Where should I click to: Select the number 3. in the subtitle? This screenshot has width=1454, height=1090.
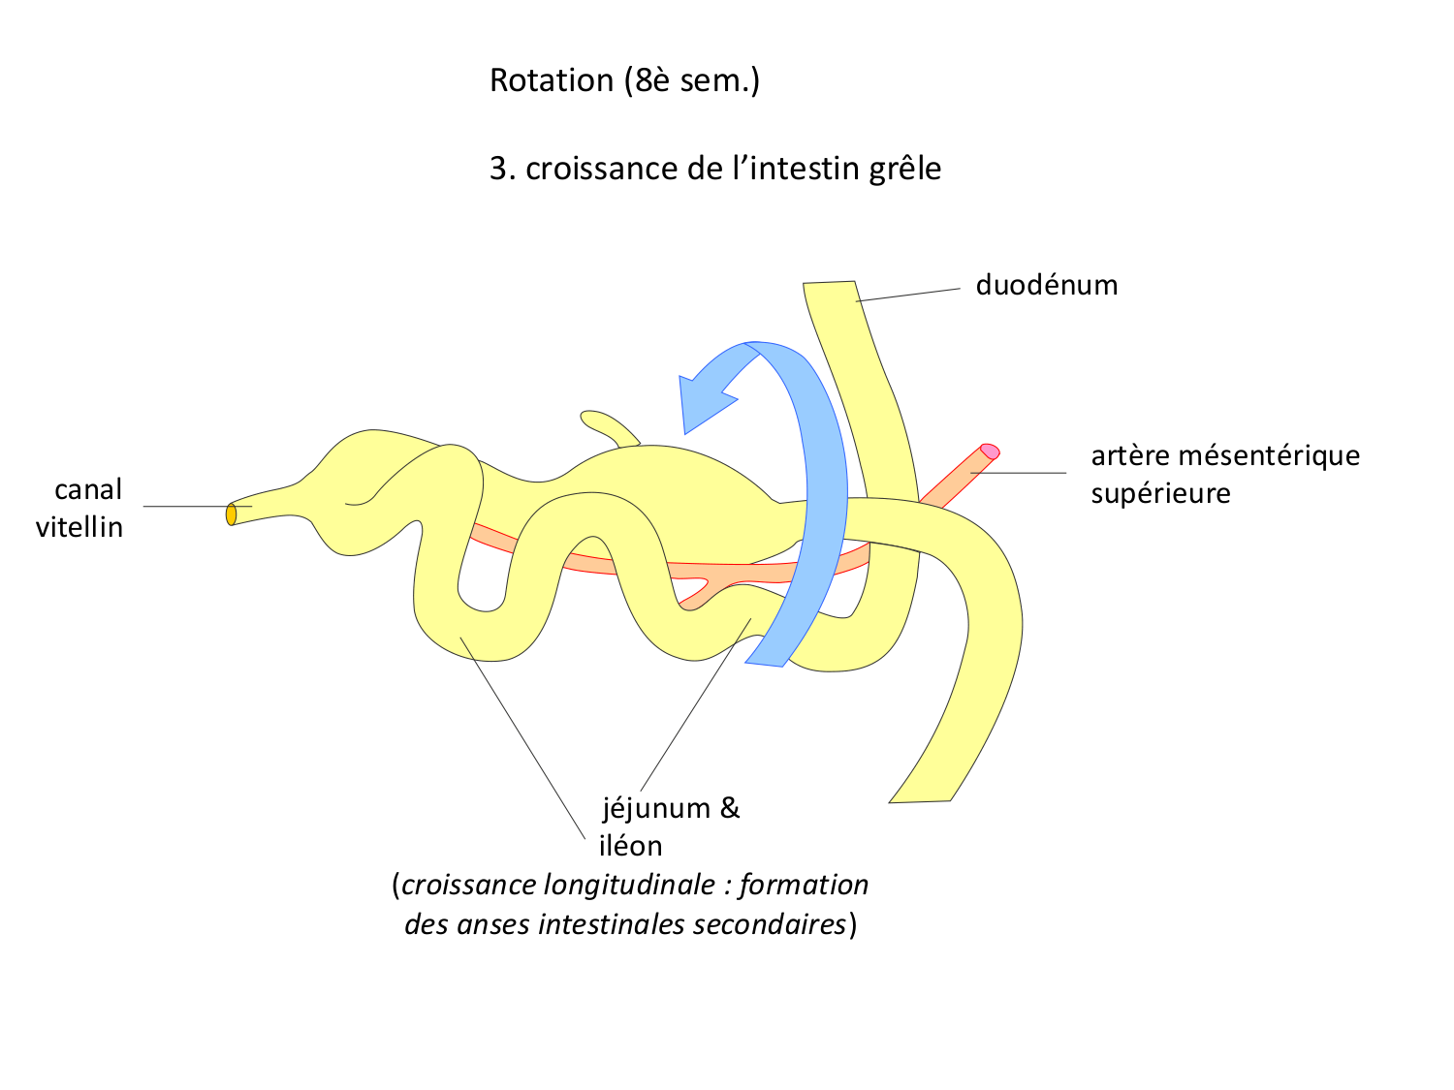tap(502, 170)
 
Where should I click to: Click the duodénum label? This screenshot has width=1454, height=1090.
tap(1047, 286)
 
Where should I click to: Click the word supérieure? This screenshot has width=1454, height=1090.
tap(1160, 494)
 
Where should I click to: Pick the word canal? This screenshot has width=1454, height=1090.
tap(88, 490)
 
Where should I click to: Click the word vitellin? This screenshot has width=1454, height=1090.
tap(79, 528)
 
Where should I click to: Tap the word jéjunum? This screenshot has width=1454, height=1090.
tap(656, 808)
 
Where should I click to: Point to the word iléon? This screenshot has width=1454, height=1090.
tap(631, 847)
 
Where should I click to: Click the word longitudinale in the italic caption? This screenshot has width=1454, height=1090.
tap(620, 886)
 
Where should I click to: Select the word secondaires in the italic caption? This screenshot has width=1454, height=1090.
tap(772, 924)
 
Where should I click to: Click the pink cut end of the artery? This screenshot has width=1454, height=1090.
tap(990, 451)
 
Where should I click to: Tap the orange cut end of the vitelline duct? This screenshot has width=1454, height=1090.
tap(231, 514)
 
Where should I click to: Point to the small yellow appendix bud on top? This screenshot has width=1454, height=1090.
tap(606, 425)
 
